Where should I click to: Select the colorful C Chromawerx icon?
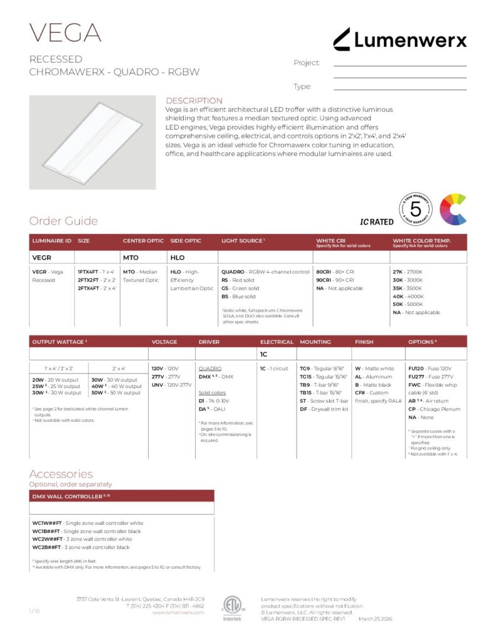tap(453, 209)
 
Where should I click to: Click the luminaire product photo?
tap(92, 142)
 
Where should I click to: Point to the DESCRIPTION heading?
tap(194, 100)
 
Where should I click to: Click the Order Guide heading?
tap(63, 221)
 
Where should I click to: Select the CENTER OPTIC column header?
tap(143, 240)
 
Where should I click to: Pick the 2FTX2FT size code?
tap(88, 280)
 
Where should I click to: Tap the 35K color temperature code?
tap(398, 288)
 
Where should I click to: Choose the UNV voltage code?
tap(157, 384)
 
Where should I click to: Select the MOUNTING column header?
tap(315, 342)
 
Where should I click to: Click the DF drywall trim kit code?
tap(303, 409)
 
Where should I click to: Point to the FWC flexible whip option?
tap(415, 384)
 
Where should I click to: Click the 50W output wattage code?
tap(97, 392)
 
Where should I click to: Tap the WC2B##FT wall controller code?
tap(46, 547)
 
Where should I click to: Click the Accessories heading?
tap(61, 474)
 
